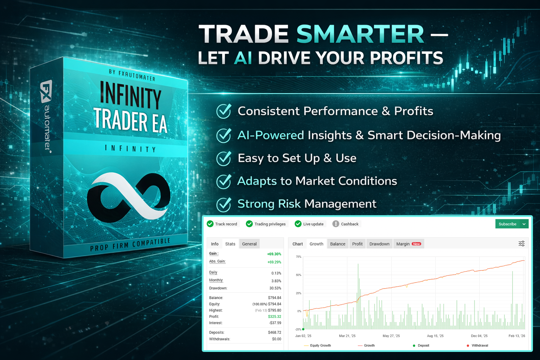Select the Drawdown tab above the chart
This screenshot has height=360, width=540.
pos(379,244)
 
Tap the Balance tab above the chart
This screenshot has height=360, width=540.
pos(337,244)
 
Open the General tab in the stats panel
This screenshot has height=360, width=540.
pos(249,244)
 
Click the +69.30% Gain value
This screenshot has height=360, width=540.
pos(274,254)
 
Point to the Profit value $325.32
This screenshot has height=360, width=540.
pos(275,316)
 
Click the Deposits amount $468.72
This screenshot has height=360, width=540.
pos(275,332)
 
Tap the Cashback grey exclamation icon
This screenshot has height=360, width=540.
pos(336,224)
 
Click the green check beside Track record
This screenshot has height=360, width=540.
pos(210,224)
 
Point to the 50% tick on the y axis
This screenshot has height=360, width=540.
pos(298,275)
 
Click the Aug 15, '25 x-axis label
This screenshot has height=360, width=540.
pos(435,336)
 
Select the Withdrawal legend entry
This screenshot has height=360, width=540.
pos(477,345)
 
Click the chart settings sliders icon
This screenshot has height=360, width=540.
pos(521,244)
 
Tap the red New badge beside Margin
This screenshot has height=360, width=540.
pos(416,244)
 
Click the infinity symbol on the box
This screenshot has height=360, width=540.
pos(128,197)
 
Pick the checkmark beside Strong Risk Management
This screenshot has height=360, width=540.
pos(224,205)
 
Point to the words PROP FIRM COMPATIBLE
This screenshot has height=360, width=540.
pos(130,244)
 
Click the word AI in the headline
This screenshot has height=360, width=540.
pos(243,58)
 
